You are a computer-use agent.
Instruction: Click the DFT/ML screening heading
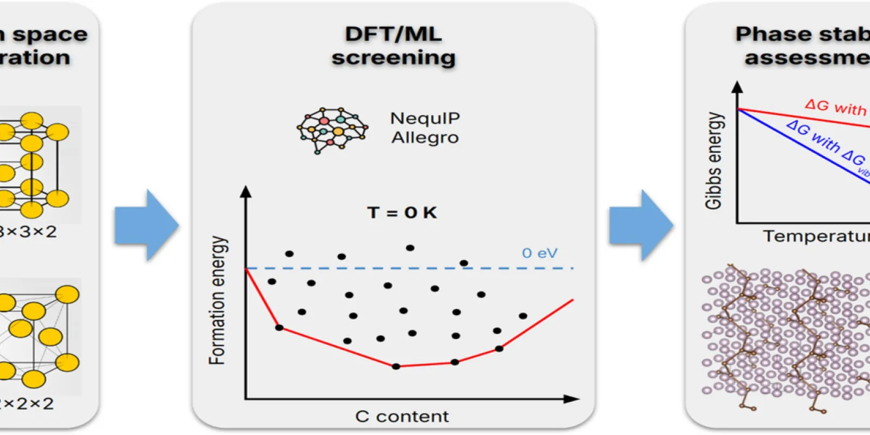pyautogui.click(x=393, y=46)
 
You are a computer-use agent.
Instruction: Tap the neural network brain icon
pyautogui.click(x=332, y=130)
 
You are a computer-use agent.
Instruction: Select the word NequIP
pyautogui.click(x=425, y=118)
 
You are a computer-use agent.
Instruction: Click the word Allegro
pyautogui.click(x=425, y=138)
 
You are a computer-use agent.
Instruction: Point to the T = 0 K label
pyautogui.click(x=402, y=213)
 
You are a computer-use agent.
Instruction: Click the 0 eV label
pyautogui.click(x=539, y=253)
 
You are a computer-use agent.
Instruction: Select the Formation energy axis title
pyautogui.click(x=217, y=300)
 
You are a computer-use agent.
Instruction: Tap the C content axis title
pyautogui.click(x=402, y=417)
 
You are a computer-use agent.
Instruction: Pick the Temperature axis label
pyautogui.click(x=816, y=237)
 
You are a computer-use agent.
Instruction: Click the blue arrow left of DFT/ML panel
pyautogui.click(x=146, y=225)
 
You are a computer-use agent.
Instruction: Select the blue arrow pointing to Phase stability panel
pyautogui.click(x=641, y=225)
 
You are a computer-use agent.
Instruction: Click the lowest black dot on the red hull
pyautogui.click(x=396, y=366)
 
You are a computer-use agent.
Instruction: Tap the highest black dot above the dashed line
pyautogui.click(x=410, y=248)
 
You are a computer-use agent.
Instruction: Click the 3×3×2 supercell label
pyautogui.click(x=27, y=232)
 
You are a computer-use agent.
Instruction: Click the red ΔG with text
pyautogui.click(x=835, y=107)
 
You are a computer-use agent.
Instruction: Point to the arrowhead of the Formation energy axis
pyautogui.click(x=246, y=191)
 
